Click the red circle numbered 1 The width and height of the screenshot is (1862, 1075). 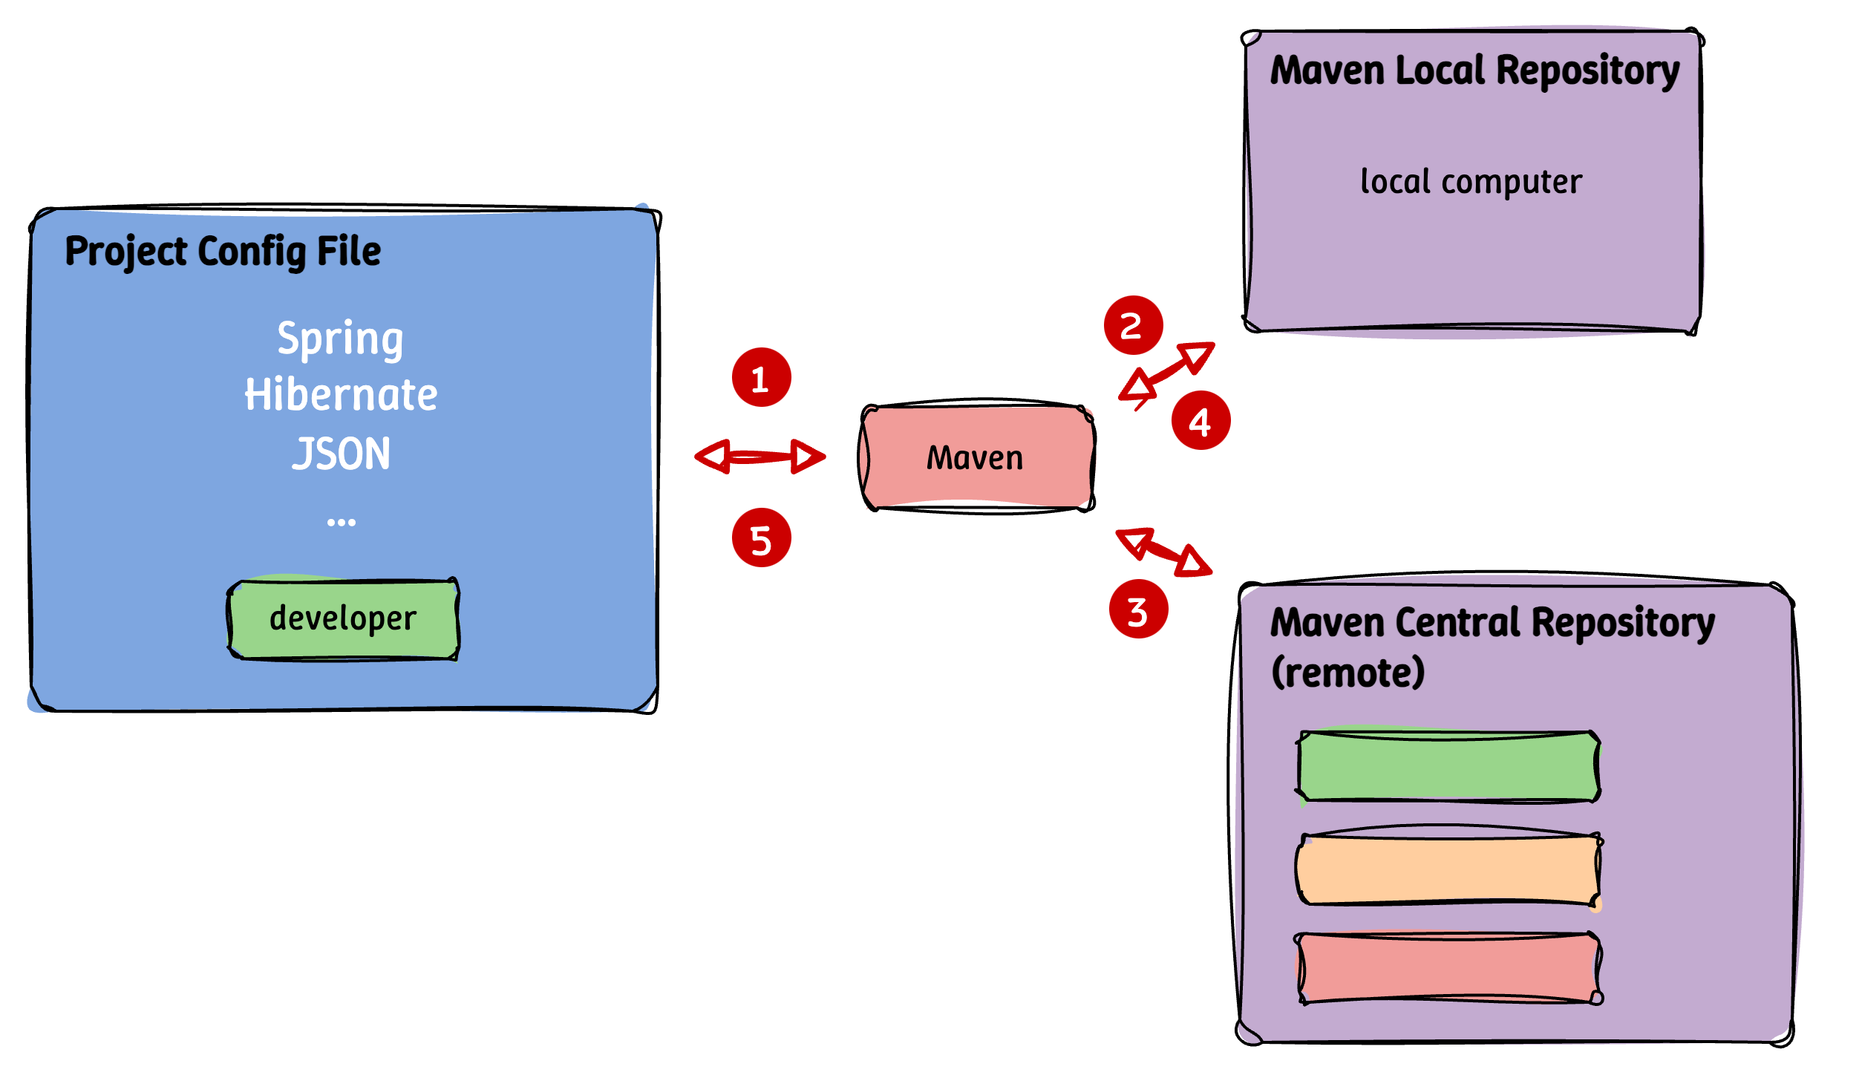point(761,377)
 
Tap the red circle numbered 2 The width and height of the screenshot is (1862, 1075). point(1133,325)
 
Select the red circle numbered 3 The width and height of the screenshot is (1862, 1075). point(1138,609)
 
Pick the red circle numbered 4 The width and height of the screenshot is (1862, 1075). point(1200,420)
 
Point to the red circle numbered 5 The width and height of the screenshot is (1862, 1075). point(761,537)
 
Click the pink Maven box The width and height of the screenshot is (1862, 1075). point(976,457)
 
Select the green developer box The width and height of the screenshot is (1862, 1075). point(343,619)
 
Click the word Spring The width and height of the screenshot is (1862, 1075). point(341,339)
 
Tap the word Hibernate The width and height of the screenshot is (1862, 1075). point(341,395)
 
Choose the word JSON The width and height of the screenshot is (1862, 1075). point(341,454)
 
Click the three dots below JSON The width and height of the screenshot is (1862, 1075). point(341,523)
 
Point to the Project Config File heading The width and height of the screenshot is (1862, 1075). point(223,251)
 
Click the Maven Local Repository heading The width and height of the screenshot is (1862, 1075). point(1474,71)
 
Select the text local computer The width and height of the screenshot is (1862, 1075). point(1471,182)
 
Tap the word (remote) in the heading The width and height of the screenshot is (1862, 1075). point(1347,673)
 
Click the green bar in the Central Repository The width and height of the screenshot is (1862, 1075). point(1448,767)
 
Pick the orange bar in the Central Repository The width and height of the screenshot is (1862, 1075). point(1448,869)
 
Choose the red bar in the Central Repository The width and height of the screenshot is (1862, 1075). point(1448,968)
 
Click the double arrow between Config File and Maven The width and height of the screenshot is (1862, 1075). point(759,456)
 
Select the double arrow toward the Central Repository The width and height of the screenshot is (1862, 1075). point(1163,552)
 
